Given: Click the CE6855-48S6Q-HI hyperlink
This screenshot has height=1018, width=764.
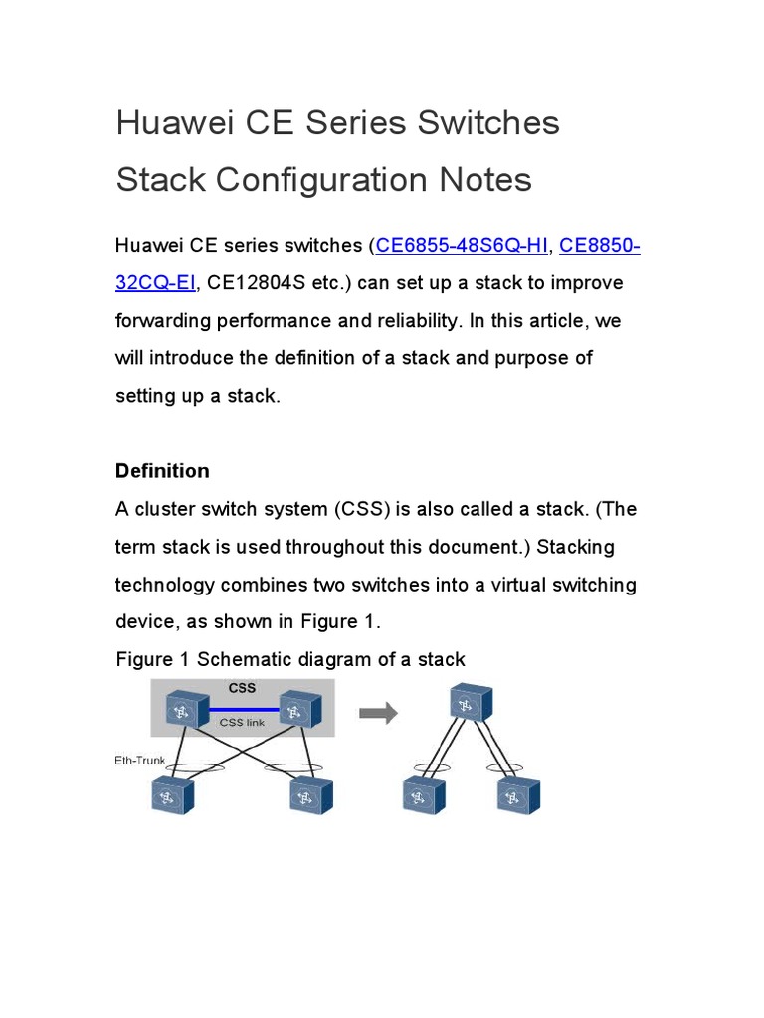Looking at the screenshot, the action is (x=462, y=246).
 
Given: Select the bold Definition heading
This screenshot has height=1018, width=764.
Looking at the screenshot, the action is (x=162, y=471).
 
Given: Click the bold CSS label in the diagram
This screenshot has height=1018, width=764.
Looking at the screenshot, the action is (x=242, y=688).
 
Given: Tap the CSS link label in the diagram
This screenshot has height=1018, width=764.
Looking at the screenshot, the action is (x=242, y=723).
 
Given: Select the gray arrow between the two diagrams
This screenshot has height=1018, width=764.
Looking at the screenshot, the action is (x=378, y=713).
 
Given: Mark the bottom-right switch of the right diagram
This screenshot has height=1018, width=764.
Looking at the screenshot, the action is (x=517, y=795).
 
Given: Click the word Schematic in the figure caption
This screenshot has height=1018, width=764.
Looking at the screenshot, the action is (x=243, y=659).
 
